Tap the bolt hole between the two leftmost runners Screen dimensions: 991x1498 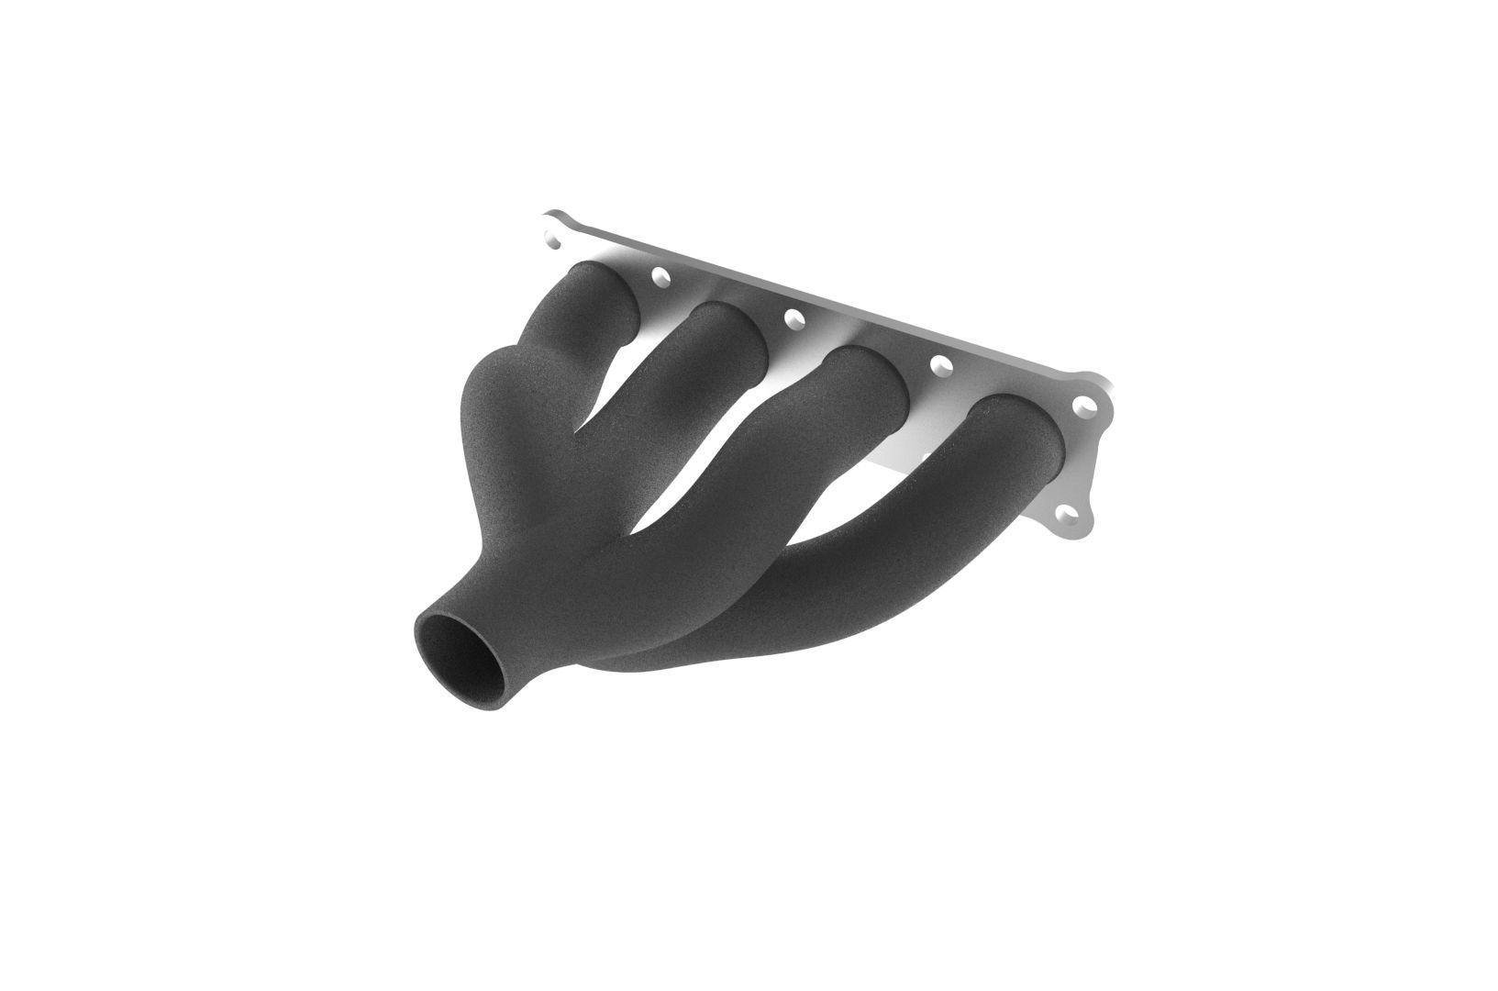[x=659, y=274]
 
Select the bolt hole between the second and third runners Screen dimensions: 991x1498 [x=793, y=317]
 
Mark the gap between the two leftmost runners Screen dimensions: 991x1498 [x=605, y=385]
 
